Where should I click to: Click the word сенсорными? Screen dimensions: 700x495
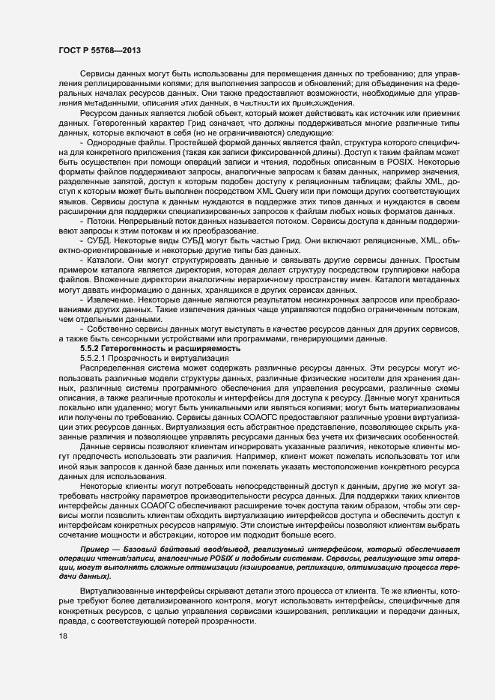pos(154,338)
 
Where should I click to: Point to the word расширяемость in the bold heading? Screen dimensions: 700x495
pos(210,349)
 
